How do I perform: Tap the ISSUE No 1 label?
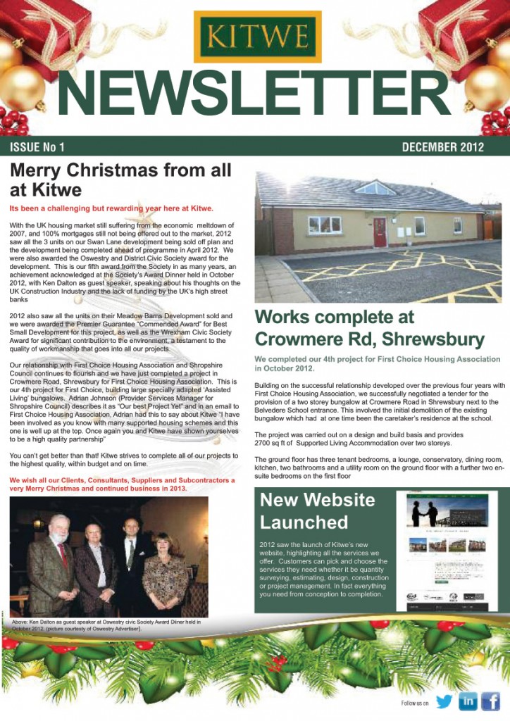pyautogui.click(x=37, y=147)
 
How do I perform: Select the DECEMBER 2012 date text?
pyautogui.click(x=442, y=147)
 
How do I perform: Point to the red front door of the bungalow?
pyautogui.click(x=380, y=232)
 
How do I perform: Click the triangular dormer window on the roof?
pyautogui.click(x=375, y=188)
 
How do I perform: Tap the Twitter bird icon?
pyautogui.click(x=444, y=701)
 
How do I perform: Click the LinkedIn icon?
pyautogui.click(x=467, y=701)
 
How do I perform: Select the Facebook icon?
pyautogui.click(x=490, y=701)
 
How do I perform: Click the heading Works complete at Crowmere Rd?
pyautogui.click(x=370, y=328)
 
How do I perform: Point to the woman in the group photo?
pyautogui.click(x=166, y=563)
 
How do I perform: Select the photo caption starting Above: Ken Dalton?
pyautogui.click(x=106, y=625)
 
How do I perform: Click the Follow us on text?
pyautogui.click(x=414, y=703)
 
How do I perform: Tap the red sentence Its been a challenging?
pyautogui.click(x=111, y=208)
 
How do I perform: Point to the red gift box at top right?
pyautogui.click(x=465, y=28)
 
